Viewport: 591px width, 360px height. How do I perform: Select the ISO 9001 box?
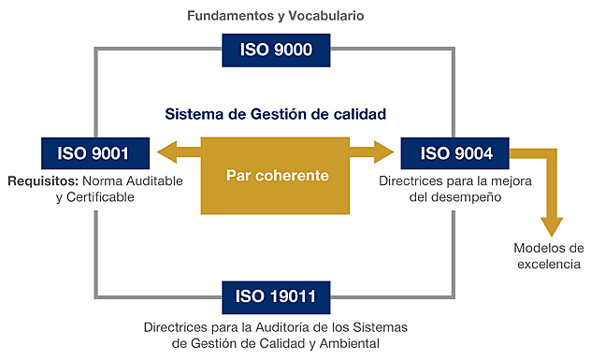85,154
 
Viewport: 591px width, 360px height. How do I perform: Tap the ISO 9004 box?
451,154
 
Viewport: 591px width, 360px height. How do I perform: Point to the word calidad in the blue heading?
360,115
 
